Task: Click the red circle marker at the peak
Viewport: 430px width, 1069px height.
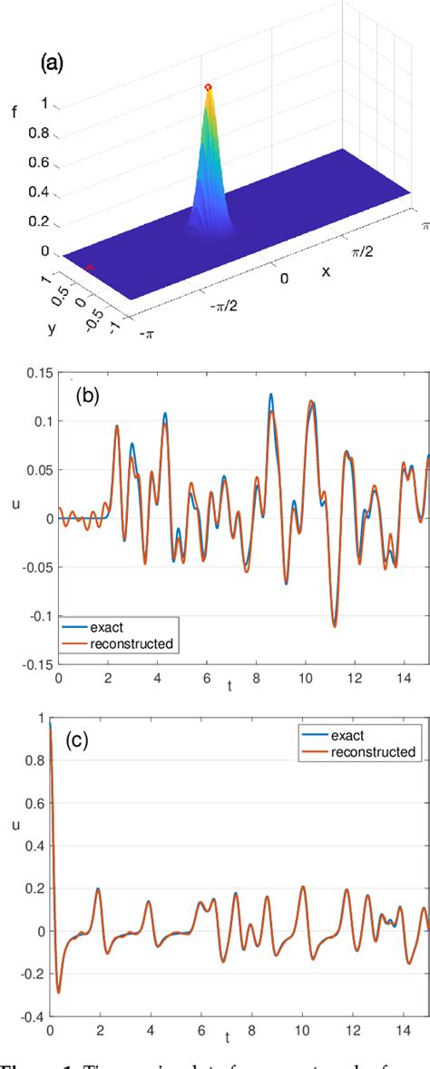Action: (209, 87)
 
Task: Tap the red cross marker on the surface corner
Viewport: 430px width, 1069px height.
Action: (90, 267)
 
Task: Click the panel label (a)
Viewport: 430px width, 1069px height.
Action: (53, 64)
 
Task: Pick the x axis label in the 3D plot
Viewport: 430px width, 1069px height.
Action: (324, 271)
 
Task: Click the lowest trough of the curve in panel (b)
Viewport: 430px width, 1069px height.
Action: (334, 625)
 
